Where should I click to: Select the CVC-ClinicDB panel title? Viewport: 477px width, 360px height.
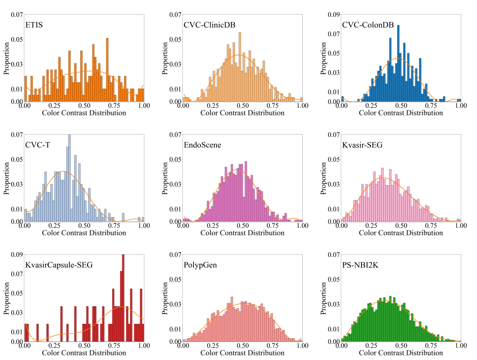tap(209, 25)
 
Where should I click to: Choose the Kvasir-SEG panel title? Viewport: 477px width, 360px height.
tap(362, 145)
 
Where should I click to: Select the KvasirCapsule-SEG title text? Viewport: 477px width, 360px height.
tap(59, 265)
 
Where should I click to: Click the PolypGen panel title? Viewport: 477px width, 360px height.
tap(200, 265)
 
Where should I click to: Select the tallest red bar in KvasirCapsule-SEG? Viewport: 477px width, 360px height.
tap(123, 298)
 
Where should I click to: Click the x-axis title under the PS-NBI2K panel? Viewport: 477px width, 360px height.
tap(401, 353)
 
